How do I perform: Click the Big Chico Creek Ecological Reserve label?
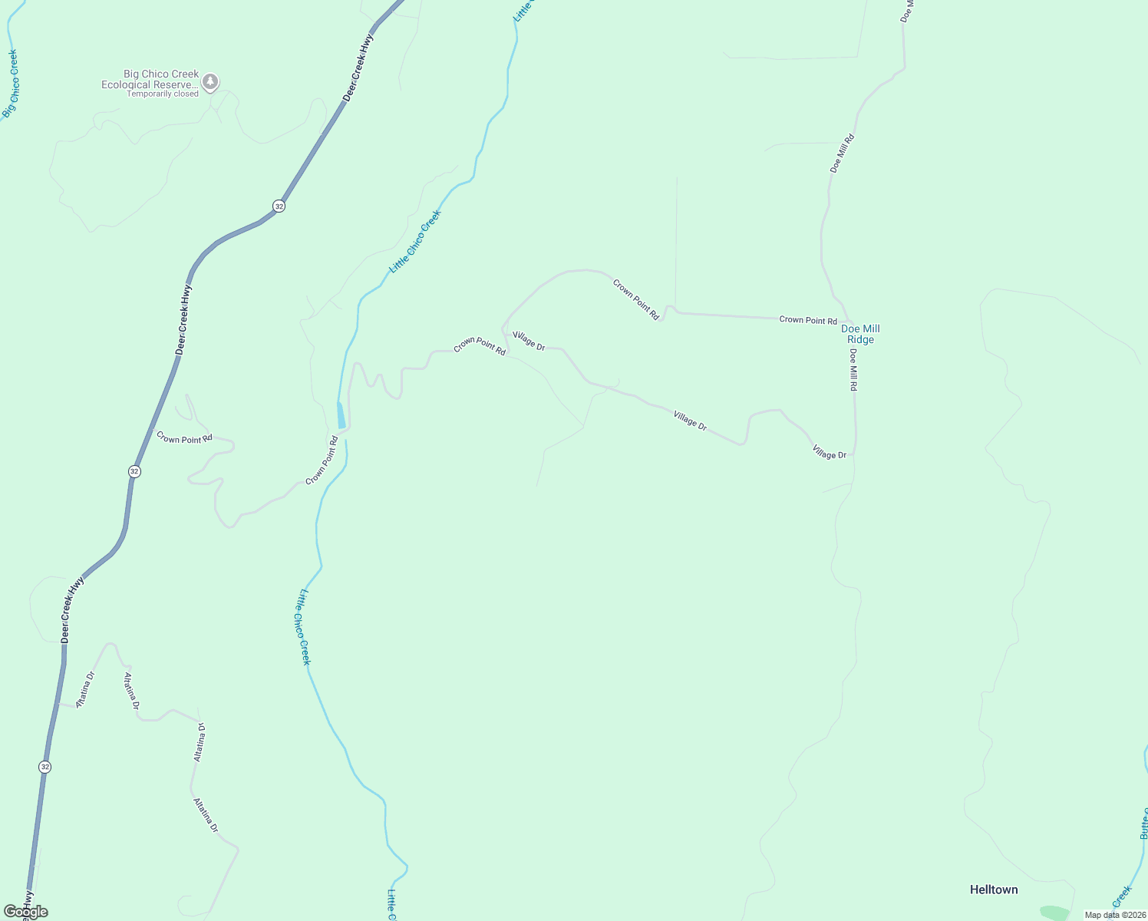tap(150, 80)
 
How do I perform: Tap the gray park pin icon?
tap(210, 82)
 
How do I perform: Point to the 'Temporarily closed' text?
tap(163, 94)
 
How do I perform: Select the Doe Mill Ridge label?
tap(860, 335)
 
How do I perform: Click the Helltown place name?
tap(994, 890)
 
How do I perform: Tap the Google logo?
tap(25, 912)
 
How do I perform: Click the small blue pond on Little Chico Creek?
tap(341, 415)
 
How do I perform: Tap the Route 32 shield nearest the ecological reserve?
tap(279, 206)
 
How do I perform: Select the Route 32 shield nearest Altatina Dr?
tap(45, 767)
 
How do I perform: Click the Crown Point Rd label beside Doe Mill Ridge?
tap(808, 320)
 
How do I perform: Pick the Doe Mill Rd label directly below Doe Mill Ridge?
tap(853, 370)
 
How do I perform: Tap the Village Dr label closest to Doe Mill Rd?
tap(829, 452)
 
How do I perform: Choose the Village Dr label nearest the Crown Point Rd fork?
tap(529, 342)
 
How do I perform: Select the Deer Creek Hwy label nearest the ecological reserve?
tap(359, 68)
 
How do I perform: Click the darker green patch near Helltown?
tap(1054, 913)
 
